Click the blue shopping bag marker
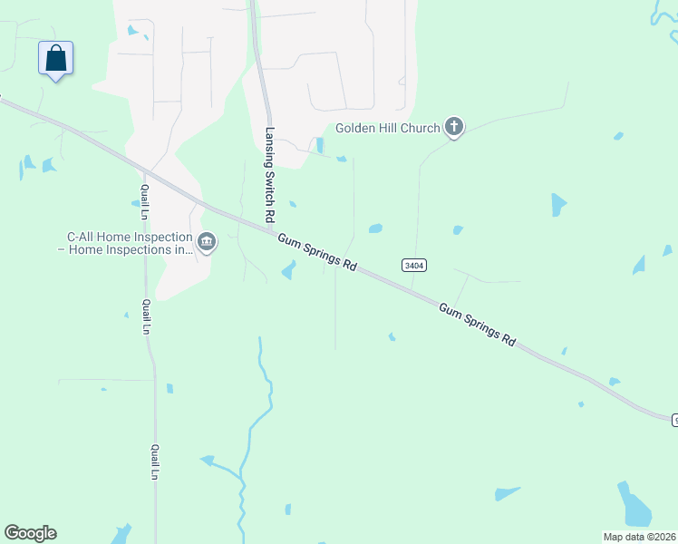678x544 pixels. coord(56,59)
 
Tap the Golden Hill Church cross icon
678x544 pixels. coord(454,128)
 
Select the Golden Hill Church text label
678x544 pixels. coord(387,128)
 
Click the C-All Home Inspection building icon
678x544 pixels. coord(207,242)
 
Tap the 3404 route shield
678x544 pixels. coord(413,265)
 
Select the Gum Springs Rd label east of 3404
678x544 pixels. coord(477,325)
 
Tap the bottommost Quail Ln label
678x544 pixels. coord(155,461)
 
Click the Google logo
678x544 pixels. coord(30,533)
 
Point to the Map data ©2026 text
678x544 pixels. coord(639,537)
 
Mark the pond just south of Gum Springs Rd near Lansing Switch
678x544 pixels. coord(289,269)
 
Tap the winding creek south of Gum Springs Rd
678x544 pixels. coord(258,408)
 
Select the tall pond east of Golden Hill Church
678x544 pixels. coord(559,205)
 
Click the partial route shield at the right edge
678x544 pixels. coord(674,420)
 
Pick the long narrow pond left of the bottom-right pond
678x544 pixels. coord(508,493)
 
